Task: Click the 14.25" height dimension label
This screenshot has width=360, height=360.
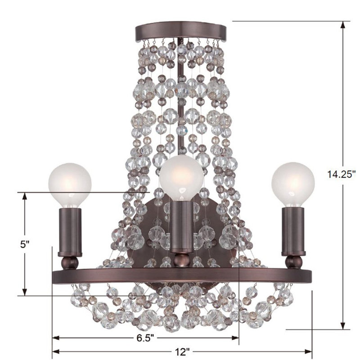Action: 341,174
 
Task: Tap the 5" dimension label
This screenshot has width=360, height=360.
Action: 24,244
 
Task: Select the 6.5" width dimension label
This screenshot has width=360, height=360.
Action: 145,338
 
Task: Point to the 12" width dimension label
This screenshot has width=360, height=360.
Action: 182,352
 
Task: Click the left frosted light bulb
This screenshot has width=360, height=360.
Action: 70,184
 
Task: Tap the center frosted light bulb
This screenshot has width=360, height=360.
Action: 181,178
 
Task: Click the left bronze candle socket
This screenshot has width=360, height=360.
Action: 70,232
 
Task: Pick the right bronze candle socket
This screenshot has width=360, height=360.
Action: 293,231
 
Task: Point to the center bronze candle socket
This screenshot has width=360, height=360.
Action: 182,226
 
